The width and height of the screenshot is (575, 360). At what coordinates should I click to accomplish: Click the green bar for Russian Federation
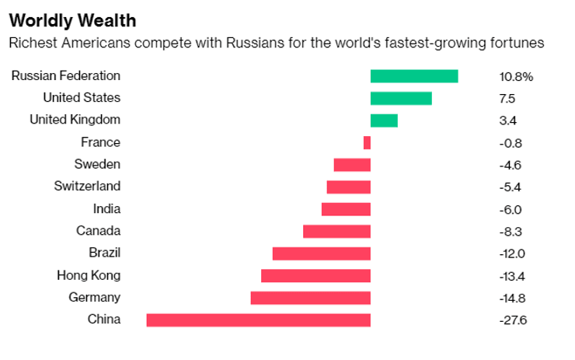pos(413,76)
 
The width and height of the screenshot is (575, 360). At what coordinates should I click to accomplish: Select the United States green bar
pos(401,98)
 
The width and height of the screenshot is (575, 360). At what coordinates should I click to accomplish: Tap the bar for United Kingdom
pos(384,121)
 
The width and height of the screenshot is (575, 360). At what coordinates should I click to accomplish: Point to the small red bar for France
pos(367,142)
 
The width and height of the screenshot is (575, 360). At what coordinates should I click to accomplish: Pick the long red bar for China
pos(258,320)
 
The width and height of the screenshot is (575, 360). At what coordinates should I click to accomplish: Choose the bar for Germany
pos(310,298)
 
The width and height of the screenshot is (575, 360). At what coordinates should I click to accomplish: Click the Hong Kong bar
pos(315,275)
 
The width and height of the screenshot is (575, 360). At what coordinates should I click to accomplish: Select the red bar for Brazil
pos(321,253)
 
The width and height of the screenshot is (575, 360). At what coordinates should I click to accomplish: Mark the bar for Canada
pos(336,231)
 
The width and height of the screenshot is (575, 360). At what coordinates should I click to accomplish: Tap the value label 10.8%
pos(517,77)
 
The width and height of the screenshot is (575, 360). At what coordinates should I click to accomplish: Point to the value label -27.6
pos(513,320)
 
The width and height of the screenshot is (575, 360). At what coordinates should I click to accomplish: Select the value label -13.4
pos(513,276)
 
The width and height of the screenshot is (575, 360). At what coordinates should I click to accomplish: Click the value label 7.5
pos(507,99)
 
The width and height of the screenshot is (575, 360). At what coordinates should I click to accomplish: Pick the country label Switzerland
pos(87,187)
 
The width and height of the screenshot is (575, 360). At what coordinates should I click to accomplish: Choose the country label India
pos(106,208)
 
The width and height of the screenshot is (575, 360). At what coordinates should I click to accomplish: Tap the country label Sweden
pos(97,164)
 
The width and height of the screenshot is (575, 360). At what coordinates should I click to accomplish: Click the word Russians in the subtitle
pos(256,43)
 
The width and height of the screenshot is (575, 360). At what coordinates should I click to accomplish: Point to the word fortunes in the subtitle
pos(517,43)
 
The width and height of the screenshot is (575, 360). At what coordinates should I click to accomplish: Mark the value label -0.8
pos(511,143)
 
